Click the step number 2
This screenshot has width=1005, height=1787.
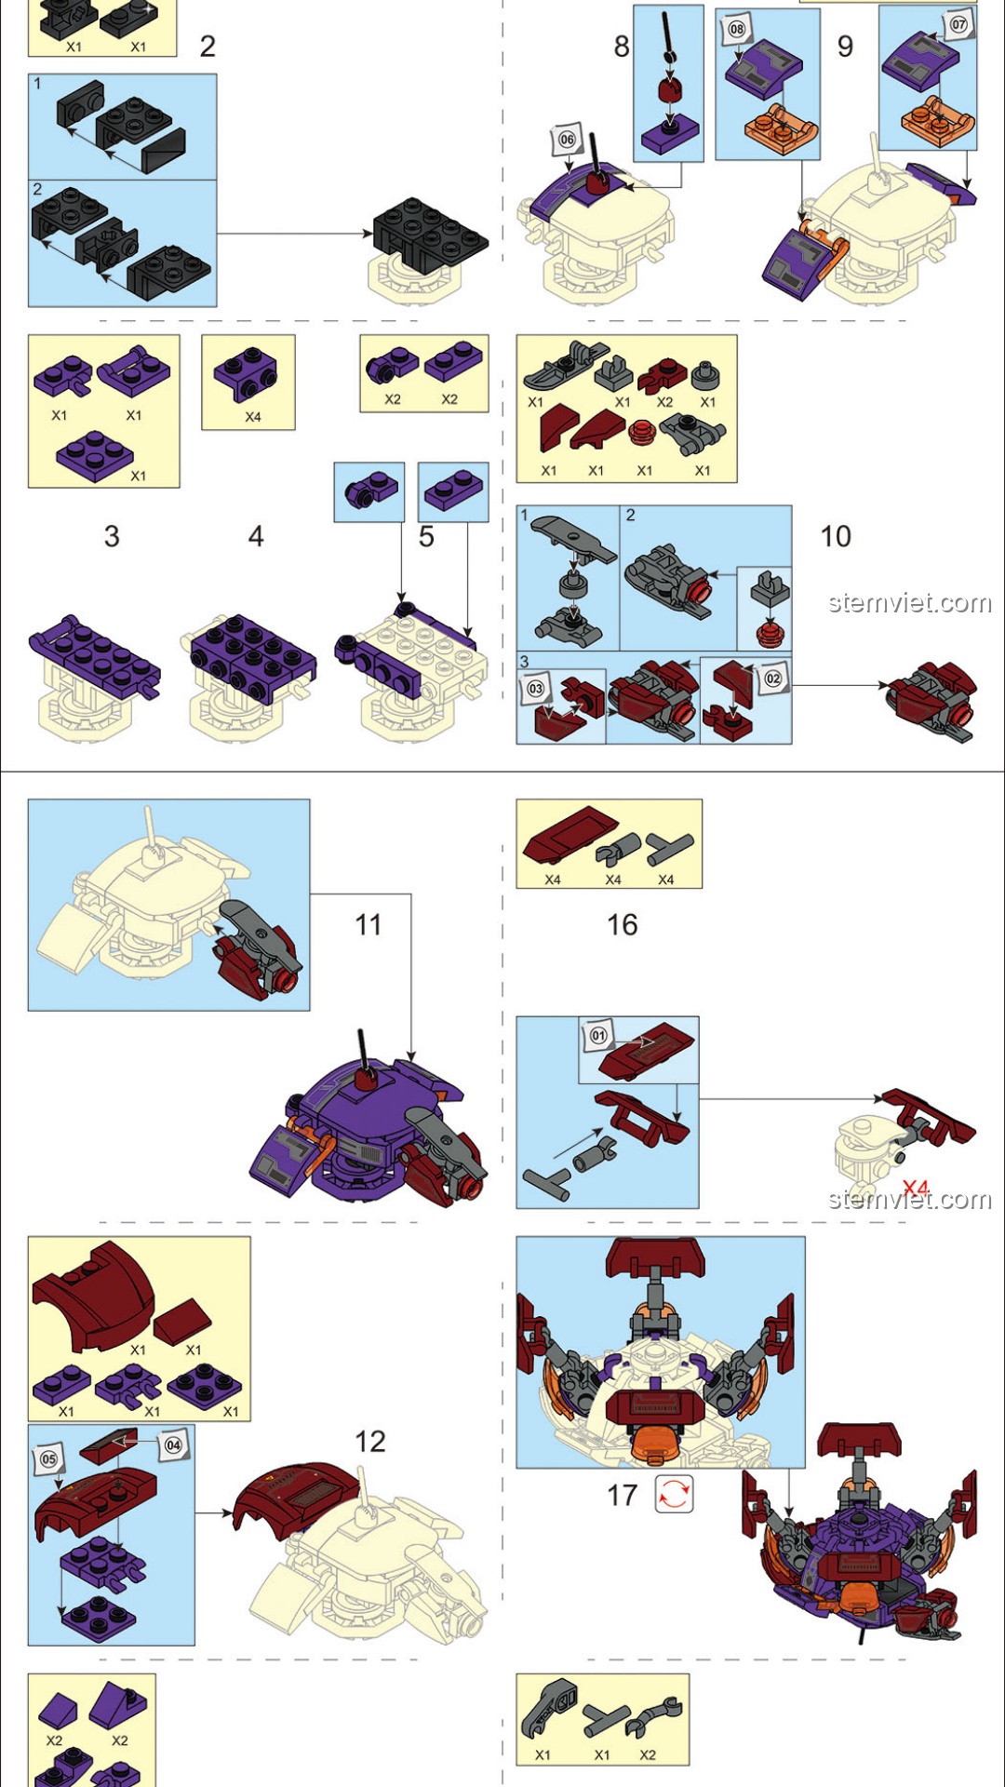click(208, 46)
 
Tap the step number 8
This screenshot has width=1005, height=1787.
click(622, 46)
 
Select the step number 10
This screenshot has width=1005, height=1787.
click(836, 536)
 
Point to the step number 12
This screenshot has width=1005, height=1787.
click(369, 1442)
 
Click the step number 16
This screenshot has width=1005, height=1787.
click(623, 924)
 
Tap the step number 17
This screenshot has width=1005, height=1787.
click(623, 1496)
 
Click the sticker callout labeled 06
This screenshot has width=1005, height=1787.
click(567, 141)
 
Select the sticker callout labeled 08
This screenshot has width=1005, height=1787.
click(736, 29)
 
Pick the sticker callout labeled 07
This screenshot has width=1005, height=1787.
click(958, 25)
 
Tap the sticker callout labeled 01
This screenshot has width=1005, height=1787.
click(598, 1035)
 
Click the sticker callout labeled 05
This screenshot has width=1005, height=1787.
click(49, 1459)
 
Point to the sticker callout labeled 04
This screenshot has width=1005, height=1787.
click(173, 1445)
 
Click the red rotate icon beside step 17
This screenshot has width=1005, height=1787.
click(674, 1494)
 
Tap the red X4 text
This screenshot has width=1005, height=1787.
click(916, 1189)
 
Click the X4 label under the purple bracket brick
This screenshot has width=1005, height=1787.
click(253, 417)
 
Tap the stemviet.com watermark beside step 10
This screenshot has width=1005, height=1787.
click(910, 603)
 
